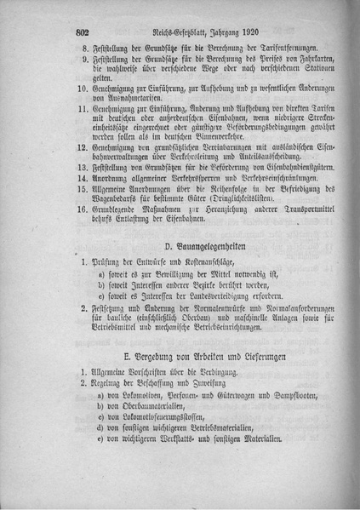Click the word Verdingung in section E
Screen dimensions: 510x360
(x=225, y=372)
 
